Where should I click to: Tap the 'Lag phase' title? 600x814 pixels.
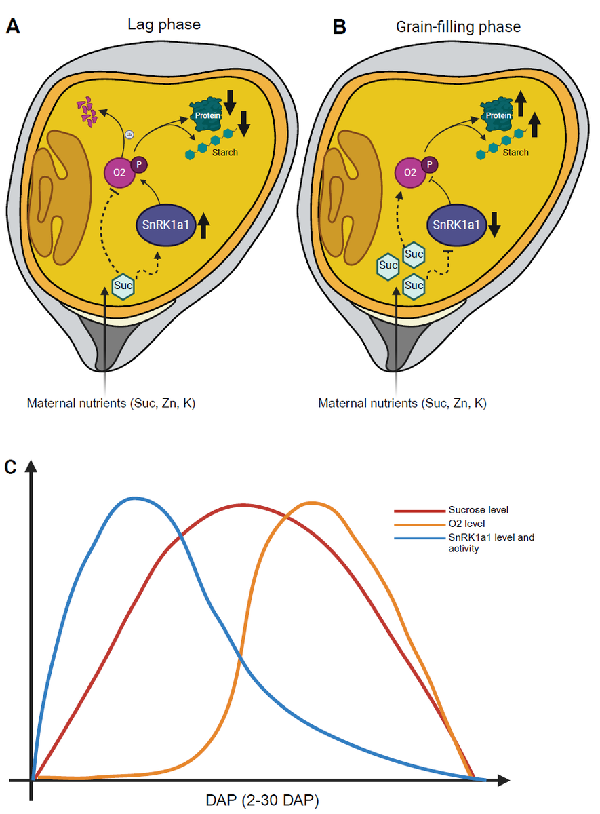(x=164, y=26)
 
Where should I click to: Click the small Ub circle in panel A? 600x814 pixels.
(x=129, y=135)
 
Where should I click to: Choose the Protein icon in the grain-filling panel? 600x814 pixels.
(x=498, y=115)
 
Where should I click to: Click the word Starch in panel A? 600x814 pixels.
(x=224, y=153)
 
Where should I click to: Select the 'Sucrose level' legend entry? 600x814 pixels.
(x=479, y=510)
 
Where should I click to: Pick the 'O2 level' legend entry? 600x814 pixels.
(x=467, y=524)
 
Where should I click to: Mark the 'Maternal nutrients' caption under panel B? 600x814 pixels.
(x=402, y=403)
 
